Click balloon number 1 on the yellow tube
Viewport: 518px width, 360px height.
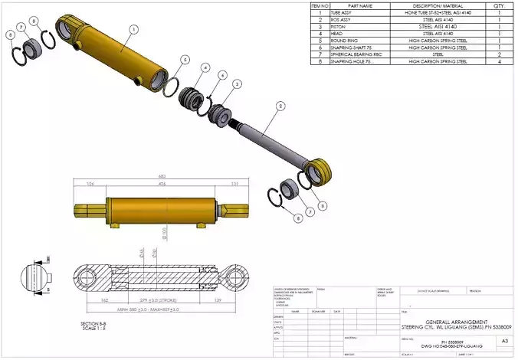[133, 29]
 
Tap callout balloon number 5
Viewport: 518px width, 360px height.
[185, 59]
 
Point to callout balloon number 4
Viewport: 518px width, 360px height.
[206, 67]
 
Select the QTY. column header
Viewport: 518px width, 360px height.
[499, 6]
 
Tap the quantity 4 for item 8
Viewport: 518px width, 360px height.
[499, 61]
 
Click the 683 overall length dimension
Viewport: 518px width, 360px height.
[162, 177]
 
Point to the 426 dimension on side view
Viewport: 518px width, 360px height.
[161, 184]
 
